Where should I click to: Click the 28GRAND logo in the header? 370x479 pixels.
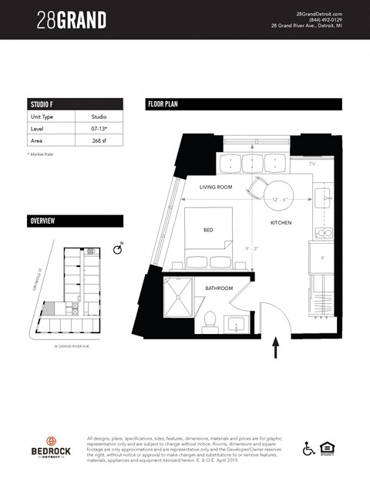(x=71, y=20)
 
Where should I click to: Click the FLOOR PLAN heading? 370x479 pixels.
(x=163, y=104)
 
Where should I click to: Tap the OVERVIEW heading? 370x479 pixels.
(x=42, y=221)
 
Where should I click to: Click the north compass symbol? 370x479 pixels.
(x=117, y=250)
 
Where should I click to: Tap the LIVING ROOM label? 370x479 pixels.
(x=216, y=187)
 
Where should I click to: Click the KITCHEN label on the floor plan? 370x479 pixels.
(x=281, y=222)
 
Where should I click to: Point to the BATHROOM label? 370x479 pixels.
(x=219, y=289)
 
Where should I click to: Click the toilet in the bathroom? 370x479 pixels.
(x=209, y=321)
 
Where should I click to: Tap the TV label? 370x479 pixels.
(x=311, y=164)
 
